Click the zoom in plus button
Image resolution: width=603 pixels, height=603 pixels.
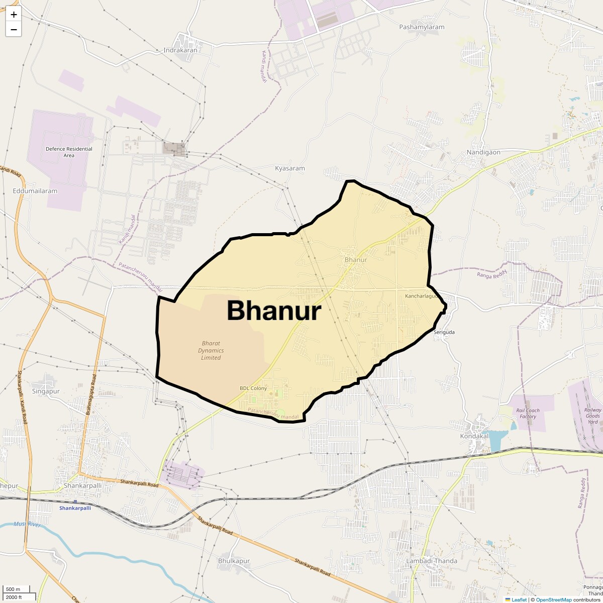click(14, 15)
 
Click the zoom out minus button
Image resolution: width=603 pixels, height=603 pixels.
click(14, 30)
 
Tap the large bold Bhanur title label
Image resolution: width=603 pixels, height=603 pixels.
click(274, 311)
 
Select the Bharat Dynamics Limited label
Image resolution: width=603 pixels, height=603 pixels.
click(211, 351)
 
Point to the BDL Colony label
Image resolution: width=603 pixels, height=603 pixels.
click(253, 388)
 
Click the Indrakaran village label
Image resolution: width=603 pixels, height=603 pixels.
click(180, 50)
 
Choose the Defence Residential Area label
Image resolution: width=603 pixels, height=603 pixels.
click(69, 152)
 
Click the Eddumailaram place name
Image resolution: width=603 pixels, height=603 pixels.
click(35, 191)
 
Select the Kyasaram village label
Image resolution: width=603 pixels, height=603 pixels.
click(290, 168)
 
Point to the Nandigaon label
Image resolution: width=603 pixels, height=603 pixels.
click(483, 152)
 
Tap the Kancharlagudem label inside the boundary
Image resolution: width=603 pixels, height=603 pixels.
click(422, 296)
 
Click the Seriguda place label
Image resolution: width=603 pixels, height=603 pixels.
click(444, 332)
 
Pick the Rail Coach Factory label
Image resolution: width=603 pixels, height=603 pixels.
click(528, 414)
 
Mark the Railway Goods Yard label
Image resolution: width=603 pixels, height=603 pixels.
click(593, 416)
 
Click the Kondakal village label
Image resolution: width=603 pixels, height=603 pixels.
click(474, 436)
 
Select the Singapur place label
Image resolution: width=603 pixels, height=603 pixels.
click(46, 391)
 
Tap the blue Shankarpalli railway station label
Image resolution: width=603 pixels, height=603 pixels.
click(75, 508)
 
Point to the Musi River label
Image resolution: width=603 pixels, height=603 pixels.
click(27, 524)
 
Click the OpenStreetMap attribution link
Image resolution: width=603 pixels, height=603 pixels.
click(553, 599)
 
